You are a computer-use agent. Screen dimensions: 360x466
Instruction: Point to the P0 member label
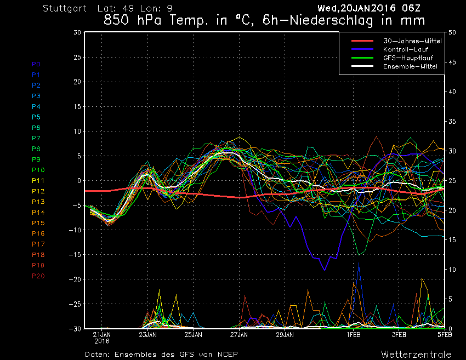click(x=36, y=64)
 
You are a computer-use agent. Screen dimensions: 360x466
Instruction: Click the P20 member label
click(x=38, y=276)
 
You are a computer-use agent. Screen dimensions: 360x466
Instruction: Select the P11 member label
click(x=38, y=180)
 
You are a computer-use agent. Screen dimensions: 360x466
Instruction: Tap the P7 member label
click(x=36, y=138)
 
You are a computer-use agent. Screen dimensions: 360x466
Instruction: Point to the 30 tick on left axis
click(x=77, y=32)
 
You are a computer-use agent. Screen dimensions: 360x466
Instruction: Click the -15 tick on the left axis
click(x=75, y=255)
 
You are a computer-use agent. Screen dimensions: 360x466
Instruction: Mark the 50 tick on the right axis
click(x=452, y=32)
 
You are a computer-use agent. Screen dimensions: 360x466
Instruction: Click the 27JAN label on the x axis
click(x=239, y=334)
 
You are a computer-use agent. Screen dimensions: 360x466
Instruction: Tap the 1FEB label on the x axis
click(x=354, y=334)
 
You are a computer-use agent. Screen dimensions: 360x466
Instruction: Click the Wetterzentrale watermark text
click(x=416, y=354)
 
